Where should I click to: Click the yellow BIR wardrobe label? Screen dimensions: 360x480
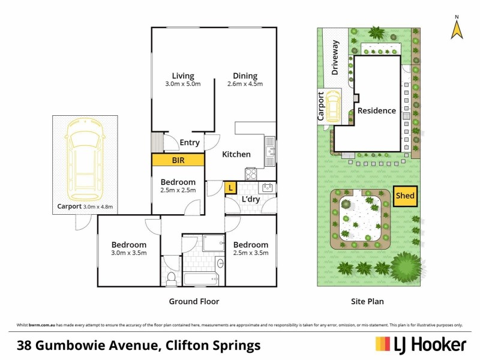(x=178, y=161)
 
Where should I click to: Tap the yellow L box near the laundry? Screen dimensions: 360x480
(x=230, y=188)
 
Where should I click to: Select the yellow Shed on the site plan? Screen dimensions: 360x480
(x=404, y=196)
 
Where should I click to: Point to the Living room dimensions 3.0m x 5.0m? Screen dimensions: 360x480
(x=183, y=84)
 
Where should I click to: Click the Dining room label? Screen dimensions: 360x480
(x=245, y=76)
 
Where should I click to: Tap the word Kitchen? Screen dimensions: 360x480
(x=236, y=154)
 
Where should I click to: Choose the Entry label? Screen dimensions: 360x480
(x=190, y=142)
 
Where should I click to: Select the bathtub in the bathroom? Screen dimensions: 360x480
(x=200, y=278)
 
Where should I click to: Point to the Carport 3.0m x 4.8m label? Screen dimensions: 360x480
(x=85, y=207)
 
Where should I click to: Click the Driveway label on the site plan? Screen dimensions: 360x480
(x=335, y=58)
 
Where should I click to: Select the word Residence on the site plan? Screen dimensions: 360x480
(x=377, y=110)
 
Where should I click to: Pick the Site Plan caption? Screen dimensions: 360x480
(x=367, y=302)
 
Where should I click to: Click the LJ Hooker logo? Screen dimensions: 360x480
(x=421, y=344)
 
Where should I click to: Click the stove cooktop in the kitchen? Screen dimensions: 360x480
(x=251, y=173)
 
